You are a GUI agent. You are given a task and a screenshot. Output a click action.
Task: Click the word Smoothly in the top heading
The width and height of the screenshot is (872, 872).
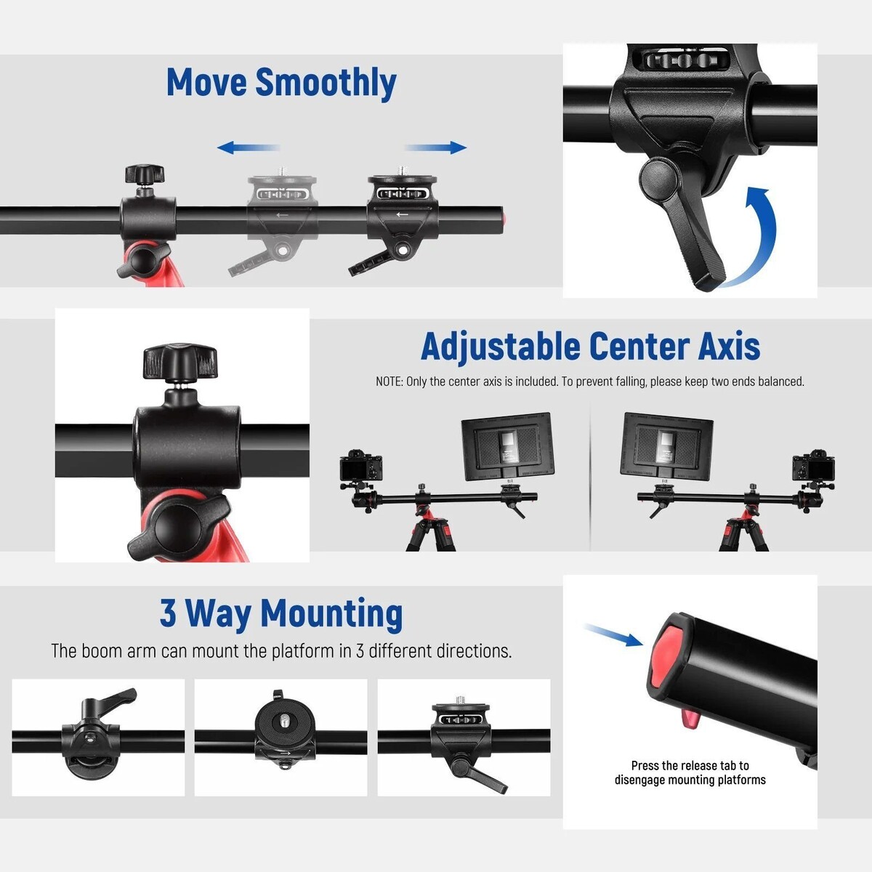[326, 84]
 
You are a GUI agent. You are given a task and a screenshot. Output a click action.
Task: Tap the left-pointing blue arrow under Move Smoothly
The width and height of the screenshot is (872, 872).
[249, 148]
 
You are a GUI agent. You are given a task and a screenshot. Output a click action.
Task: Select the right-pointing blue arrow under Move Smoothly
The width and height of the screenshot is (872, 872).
[435, 148]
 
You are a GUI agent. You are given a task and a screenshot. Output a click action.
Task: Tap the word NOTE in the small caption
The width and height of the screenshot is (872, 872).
[389, 381]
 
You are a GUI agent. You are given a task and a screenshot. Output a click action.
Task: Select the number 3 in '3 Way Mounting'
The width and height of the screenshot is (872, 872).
[168, 613]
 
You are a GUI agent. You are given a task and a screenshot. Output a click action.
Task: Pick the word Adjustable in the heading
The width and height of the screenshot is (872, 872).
[501, 347]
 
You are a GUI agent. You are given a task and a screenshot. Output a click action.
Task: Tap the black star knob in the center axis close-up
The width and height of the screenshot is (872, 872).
[180, 360]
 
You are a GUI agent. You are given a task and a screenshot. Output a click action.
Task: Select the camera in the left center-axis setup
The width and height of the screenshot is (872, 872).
[360, 467]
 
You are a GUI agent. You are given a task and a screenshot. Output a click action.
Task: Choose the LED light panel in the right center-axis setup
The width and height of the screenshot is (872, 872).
[666, 448]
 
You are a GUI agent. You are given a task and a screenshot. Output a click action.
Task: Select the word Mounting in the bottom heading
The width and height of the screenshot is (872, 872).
[331, 614]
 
